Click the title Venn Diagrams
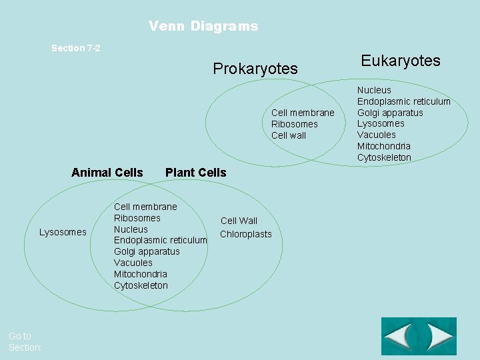(x=203, y=27)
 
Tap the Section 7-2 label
(x=76, y=48)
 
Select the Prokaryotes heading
(x=255, y=69)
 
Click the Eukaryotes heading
(x=401, y=61)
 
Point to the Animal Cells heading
(x=107, y=173)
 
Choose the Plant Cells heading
(x=195, y=173)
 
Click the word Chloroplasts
(x=246, y=234)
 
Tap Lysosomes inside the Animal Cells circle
(x=63, y=232)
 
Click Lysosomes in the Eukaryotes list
(x=381, y=123)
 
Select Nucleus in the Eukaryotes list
(x=374, y=90)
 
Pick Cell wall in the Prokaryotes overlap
(x=289, y=135)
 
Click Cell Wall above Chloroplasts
(x=239, y=221)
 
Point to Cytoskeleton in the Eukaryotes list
(x=384, y=157)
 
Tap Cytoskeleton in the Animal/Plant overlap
(x=141, y=285)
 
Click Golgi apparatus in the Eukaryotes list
(x=390, y=113)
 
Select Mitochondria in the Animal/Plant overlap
(x=141, y=274)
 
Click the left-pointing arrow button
(x=401, y=336)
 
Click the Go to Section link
(x=25, y=342)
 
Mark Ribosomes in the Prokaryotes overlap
(x=295, y=124)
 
